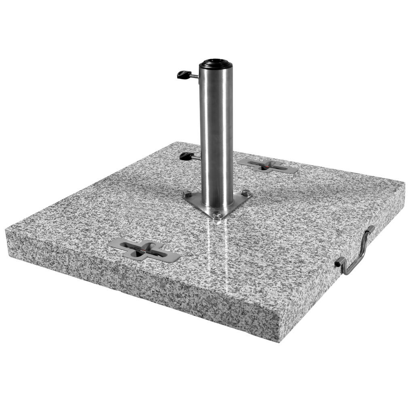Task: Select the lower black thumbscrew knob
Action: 186,156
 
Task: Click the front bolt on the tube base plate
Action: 217,214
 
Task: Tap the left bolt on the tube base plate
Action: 187,195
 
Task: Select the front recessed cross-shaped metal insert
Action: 144,250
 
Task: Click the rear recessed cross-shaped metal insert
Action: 268,165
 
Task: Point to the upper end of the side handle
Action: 370,229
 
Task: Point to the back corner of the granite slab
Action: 178,142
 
